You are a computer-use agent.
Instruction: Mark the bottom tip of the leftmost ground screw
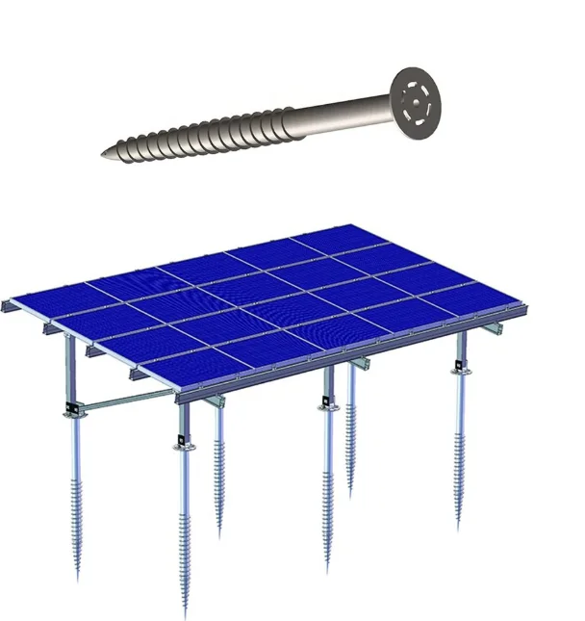tap(78, 578)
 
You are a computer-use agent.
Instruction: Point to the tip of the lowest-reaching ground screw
tap(185, 615)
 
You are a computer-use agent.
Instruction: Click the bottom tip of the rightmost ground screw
tap(459, 529)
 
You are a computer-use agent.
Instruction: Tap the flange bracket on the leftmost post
tap(71, 411)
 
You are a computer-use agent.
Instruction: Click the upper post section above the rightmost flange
tap(461, 348)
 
